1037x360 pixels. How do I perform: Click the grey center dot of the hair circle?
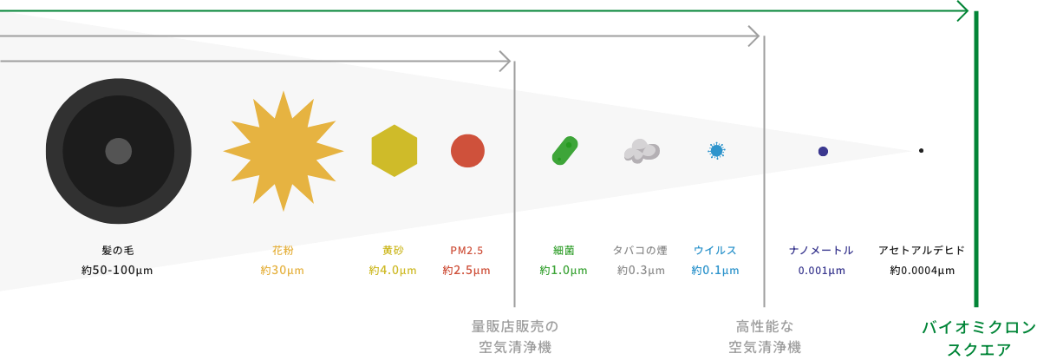coord(119,151)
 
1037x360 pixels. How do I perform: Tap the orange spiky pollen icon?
coord(283,151)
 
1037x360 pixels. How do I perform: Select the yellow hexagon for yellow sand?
coord(395,151)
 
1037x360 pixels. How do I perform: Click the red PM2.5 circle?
coord(467,151)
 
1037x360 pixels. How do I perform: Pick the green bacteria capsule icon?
coord(564,151)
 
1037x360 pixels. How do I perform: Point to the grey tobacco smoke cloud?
coord(641,152)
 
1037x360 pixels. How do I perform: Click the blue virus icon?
coord(716,151)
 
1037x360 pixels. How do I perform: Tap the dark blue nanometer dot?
coord(823,152)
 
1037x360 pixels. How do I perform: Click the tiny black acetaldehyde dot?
coord(921,151)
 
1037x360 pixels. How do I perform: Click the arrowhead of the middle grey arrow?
coord(754,37)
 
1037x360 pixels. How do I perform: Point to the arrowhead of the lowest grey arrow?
coord(505,62)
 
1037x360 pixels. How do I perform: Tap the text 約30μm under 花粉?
coord(283,271)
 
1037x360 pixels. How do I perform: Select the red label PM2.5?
coord(467,251)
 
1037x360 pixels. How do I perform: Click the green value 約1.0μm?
coord(564,271)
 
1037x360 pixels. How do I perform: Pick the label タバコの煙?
coord(640,251)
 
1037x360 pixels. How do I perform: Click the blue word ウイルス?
coord(715,251)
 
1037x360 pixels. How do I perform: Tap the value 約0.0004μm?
coord(922,271)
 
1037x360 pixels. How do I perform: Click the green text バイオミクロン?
coord(978,328)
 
